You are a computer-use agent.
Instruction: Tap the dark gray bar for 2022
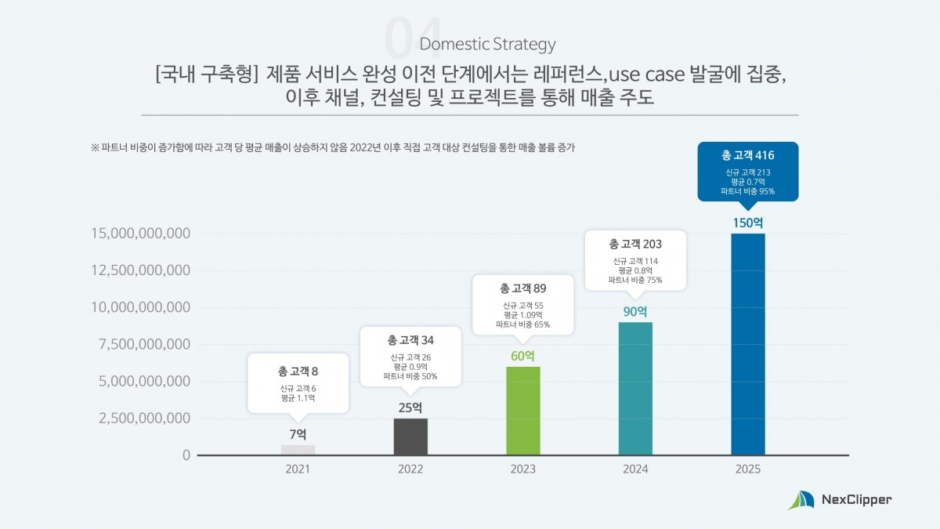tap(410, 437)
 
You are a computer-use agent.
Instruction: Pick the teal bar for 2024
tap(635, 388)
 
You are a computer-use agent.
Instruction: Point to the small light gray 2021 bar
tap(298, 450)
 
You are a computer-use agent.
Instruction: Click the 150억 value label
tap(747, 222)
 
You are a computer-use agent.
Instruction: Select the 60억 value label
tap(522, 355)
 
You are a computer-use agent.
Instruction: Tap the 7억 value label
tap(298, 433)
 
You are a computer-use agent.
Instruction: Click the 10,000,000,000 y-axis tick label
tap(141, 307)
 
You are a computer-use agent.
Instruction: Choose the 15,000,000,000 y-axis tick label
tap(141, 234)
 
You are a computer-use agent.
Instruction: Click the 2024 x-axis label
tap(635, 469)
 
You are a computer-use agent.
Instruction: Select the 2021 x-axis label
tap(298, 469)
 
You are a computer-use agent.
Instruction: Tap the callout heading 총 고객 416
tap(747, 155)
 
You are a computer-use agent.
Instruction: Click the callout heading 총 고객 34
tap(410, 340)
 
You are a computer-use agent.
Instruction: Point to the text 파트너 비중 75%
tap(635, 280)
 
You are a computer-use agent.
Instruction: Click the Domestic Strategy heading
tap(488, 44)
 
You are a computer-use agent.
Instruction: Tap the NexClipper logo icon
tap(801, 500)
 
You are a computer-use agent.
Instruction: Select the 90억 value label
tap(635, 310)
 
